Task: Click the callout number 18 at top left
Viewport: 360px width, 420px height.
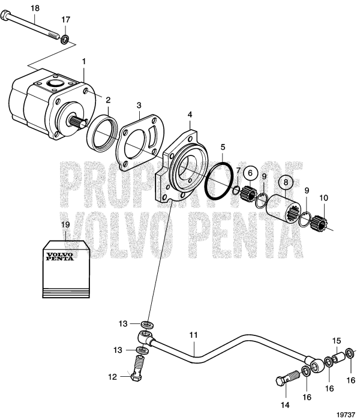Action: tap(35, 8)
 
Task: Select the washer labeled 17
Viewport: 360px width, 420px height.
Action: tap(65, 40)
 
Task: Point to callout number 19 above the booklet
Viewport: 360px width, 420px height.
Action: tap(65, 224)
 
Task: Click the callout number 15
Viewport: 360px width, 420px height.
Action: tap(337, 340)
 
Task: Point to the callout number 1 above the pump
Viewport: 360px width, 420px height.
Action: tap(84, 61)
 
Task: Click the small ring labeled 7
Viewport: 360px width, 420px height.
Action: tap(236, 191)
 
